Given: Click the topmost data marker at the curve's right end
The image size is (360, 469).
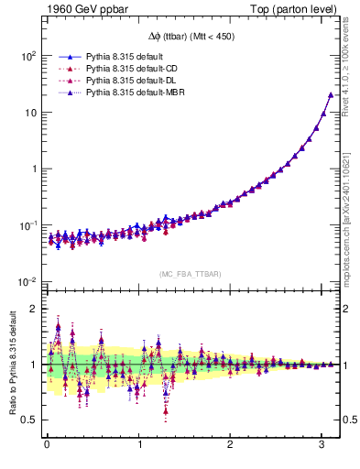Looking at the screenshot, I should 331,94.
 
